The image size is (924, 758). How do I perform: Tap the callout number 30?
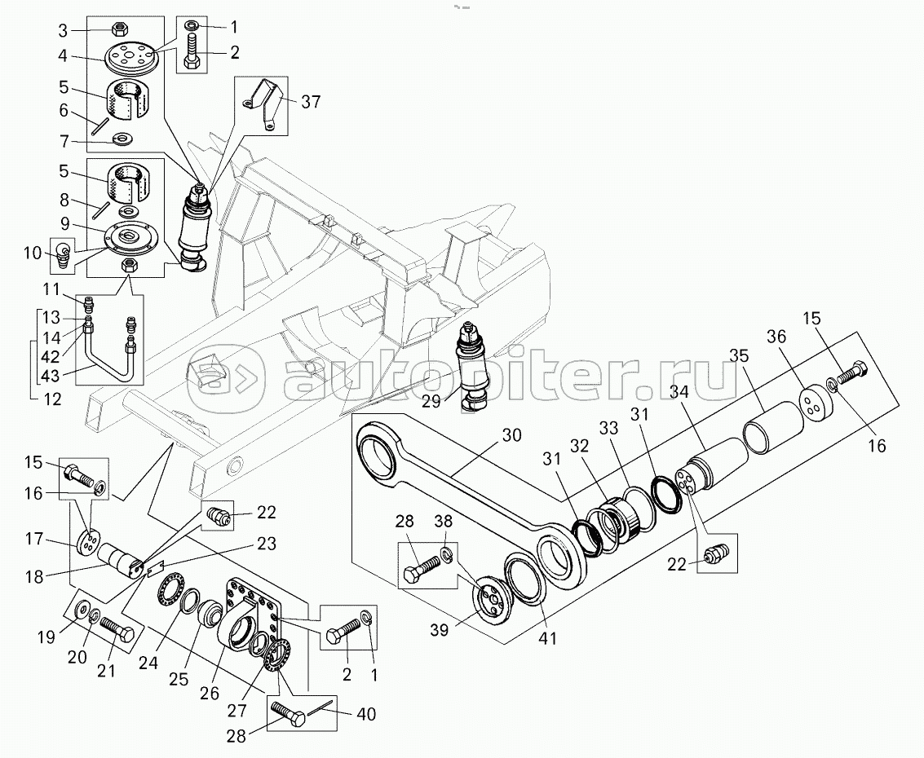(x=511, y=435)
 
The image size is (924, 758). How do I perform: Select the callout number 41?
(x=547, y=638)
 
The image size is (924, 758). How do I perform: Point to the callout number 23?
(x=267, y=543)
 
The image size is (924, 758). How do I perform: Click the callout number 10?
(x=33, y=253)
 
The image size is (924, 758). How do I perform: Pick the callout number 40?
(x=366, y=715)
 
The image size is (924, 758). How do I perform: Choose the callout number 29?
(x=431, y=402)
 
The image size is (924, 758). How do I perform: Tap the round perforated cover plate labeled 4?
(x=130, y=60)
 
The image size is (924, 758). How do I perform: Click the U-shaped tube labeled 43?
(x=108, y=364)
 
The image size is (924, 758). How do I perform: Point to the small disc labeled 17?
(x=88, y=542)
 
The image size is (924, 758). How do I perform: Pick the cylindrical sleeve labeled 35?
(x=773, y=428)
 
